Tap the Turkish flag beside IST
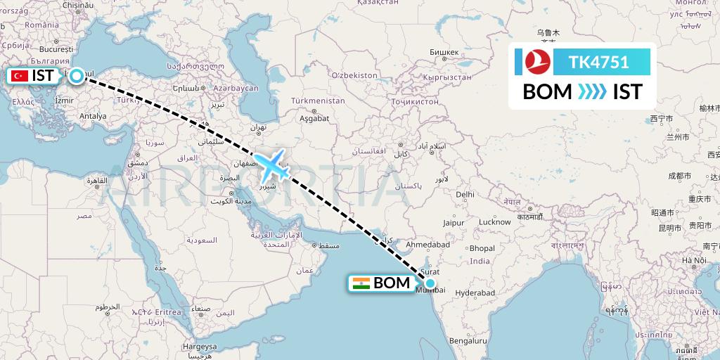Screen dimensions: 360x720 click(20, 76)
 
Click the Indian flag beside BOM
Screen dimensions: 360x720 click(361, 283)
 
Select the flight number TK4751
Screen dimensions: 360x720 click(599, 62)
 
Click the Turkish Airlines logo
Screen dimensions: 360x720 click(536, 62)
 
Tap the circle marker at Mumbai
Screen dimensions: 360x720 click(430, 283)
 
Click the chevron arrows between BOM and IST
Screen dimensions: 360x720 click(593, 92)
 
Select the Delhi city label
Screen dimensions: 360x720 click(465, 194)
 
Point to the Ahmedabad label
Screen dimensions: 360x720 click(429, 245)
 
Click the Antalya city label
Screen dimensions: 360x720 click(93, 116)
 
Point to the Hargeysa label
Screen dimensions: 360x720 click(200, 347)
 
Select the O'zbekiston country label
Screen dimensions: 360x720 click(355, 75)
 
